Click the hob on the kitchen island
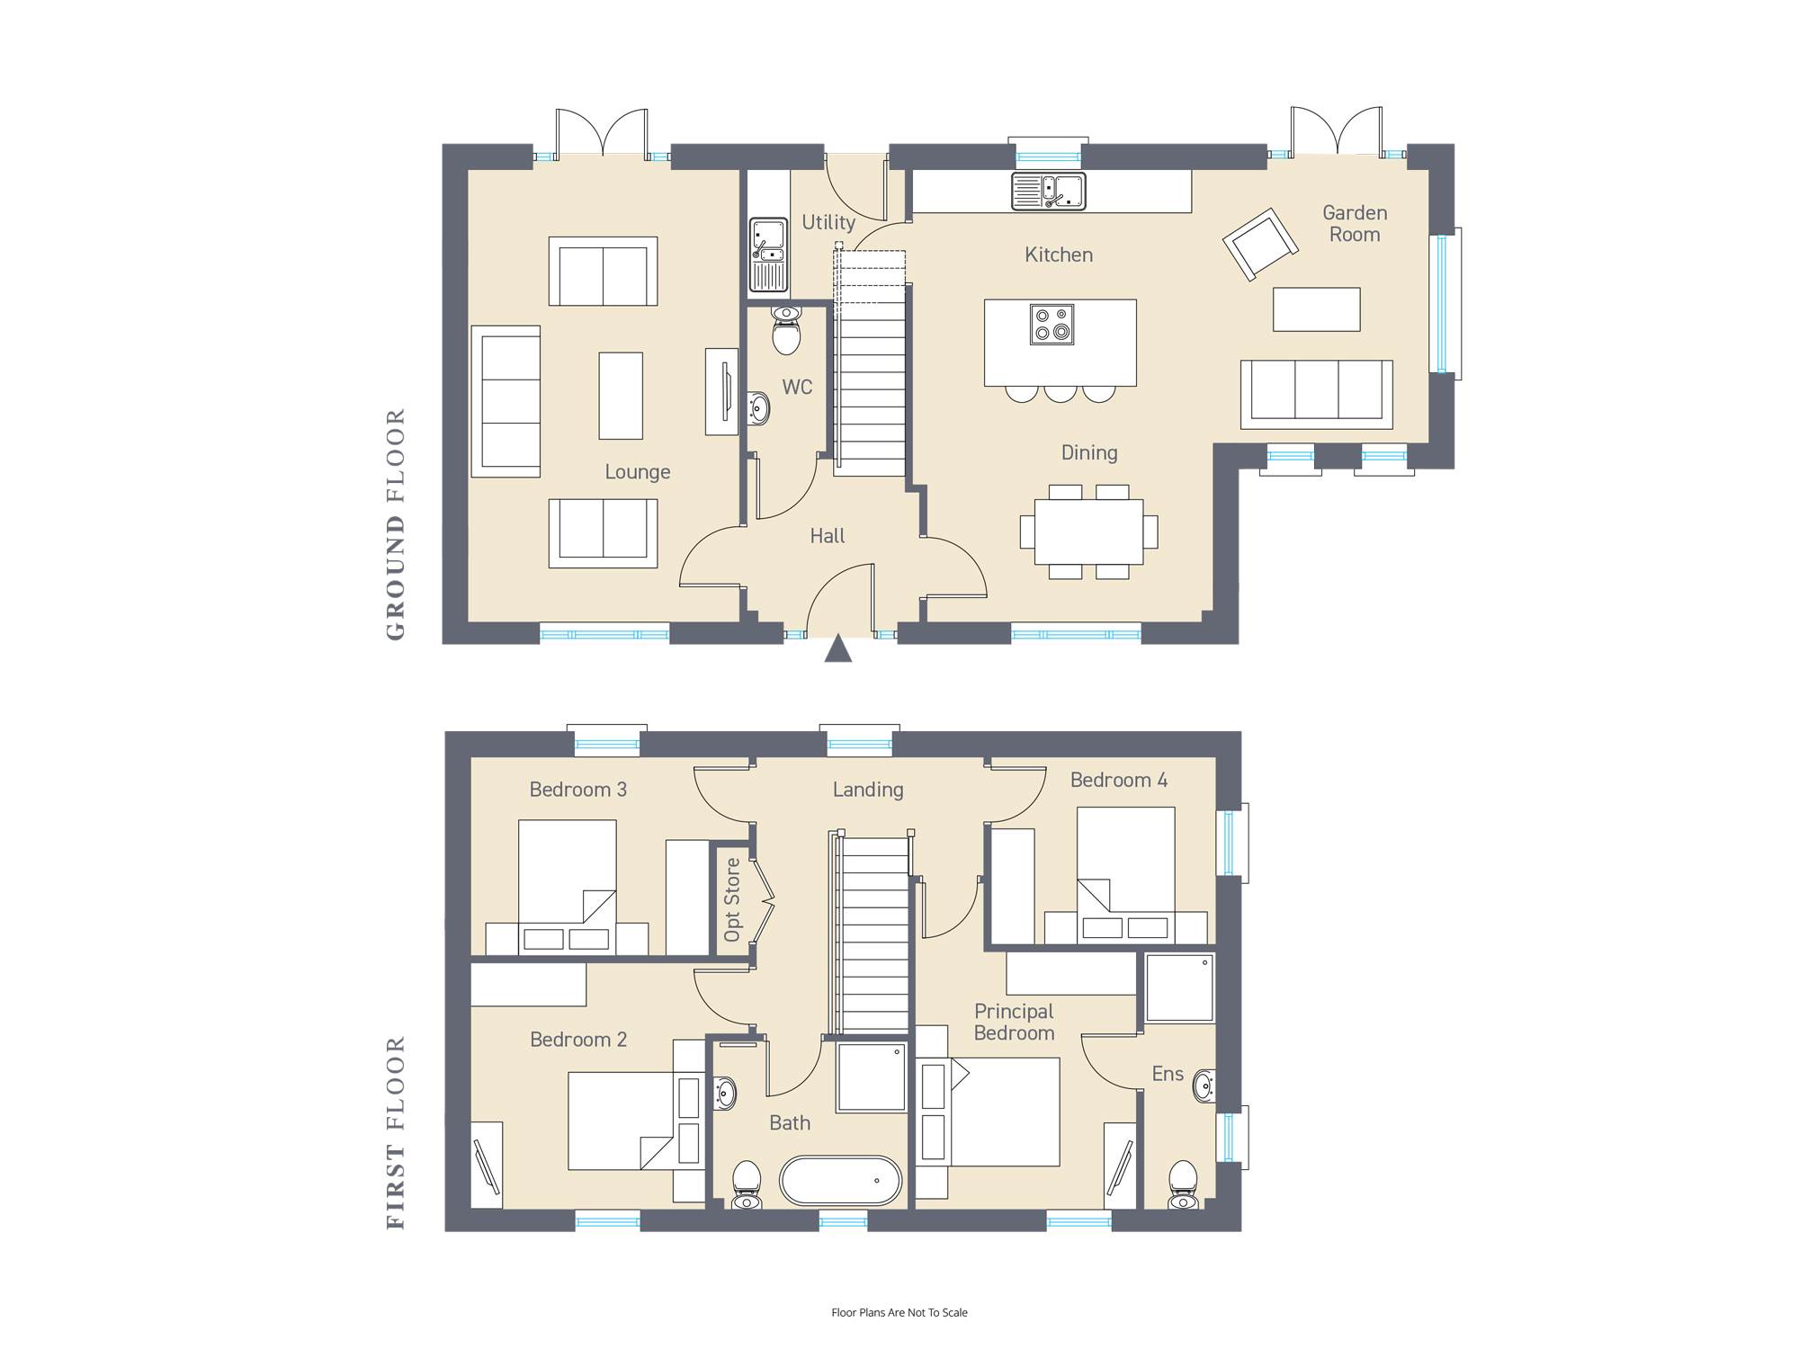point(1052,324)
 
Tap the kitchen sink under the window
point(1049,191)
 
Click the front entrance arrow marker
point(838,648)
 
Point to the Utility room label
point(828,222)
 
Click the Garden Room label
point(1355,223)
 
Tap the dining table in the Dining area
point(1089,532)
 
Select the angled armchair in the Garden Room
point(1260,243)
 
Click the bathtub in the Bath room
point(840,1180)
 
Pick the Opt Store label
point(732,899)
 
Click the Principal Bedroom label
point(1014,1022)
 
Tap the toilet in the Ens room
point(1183,1185)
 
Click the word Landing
point(868,790)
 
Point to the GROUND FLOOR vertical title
point(396,524)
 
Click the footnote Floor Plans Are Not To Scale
point(899,1312)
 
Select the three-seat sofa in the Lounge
point(506,401)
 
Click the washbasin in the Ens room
point(1204,1086)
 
